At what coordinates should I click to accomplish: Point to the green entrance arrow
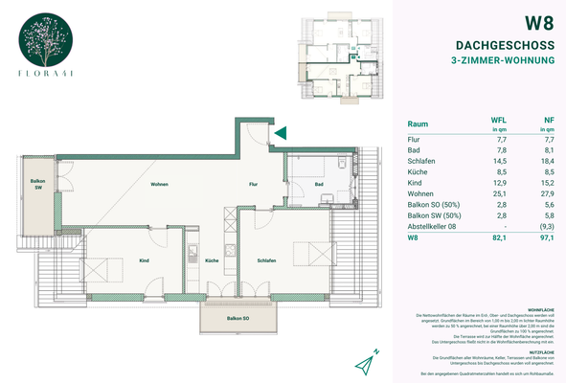280,134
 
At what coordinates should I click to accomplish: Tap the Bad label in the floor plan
318,184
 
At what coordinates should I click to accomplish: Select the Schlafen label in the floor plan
266,260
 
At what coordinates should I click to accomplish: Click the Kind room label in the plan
144,260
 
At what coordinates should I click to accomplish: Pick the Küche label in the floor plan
212,260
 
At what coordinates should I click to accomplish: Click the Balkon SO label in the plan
238,318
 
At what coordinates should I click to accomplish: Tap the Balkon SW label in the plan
37,184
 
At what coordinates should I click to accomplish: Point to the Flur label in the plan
255,183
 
